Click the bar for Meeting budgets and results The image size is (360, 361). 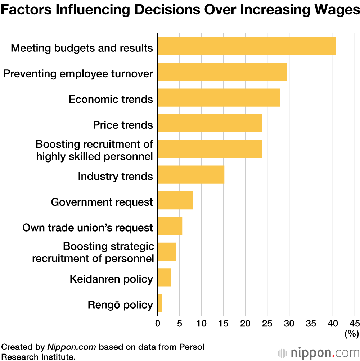[x=247, y=46]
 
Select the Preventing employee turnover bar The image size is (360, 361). [x=222, y=72]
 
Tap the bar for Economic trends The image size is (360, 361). [x=219, y=97]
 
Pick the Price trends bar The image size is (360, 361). [x=210, y=123]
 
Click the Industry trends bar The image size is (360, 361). [x=191, y=175]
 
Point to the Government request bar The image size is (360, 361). [x=175, y=200]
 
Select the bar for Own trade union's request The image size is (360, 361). [x=170, y=226]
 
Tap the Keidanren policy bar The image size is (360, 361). [x=164, y=277]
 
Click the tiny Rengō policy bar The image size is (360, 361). [x=160, y=303]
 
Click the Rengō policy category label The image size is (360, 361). [x=120, y=305]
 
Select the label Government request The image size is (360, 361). [x=102, y=202]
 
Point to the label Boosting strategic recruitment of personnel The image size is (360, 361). [x=93, y=252]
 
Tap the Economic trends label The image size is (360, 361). [x=111, y=99]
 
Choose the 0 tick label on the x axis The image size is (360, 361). [x=158, y=323]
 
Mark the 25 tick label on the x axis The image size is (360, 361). [x=267, y=323]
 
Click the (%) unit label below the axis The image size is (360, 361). [x=351, y=334]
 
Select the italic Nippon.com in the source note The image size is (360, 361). [x=71, y=347]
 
